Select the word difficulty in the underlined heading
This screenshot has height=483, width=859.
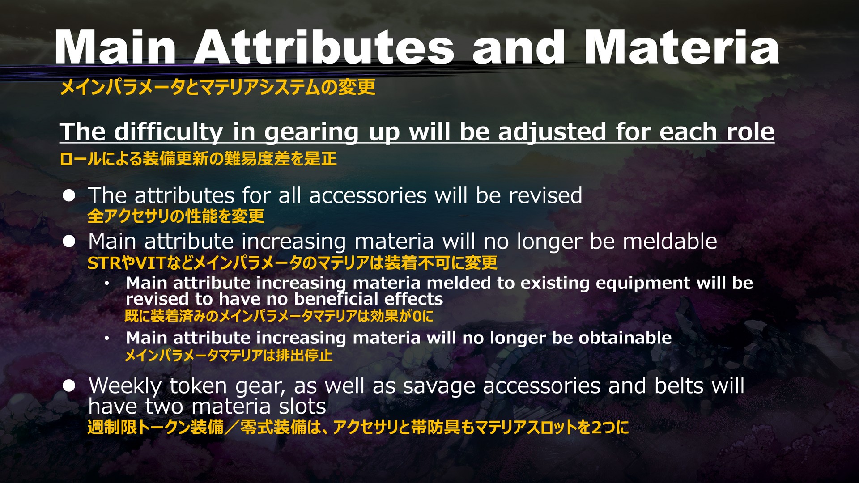click(169, 132)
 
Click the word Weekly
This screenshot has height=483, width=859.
click(125, 386)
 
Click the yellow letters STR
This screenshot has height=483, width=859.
click(104, 263)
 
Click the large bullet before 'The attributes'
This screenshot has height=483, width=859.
click(69, 195)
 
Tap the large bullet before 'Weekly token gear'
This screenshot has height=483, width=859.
click(69, 386)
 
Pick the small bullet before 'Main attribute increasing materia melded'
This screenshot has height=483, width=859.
click(107, 284)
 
